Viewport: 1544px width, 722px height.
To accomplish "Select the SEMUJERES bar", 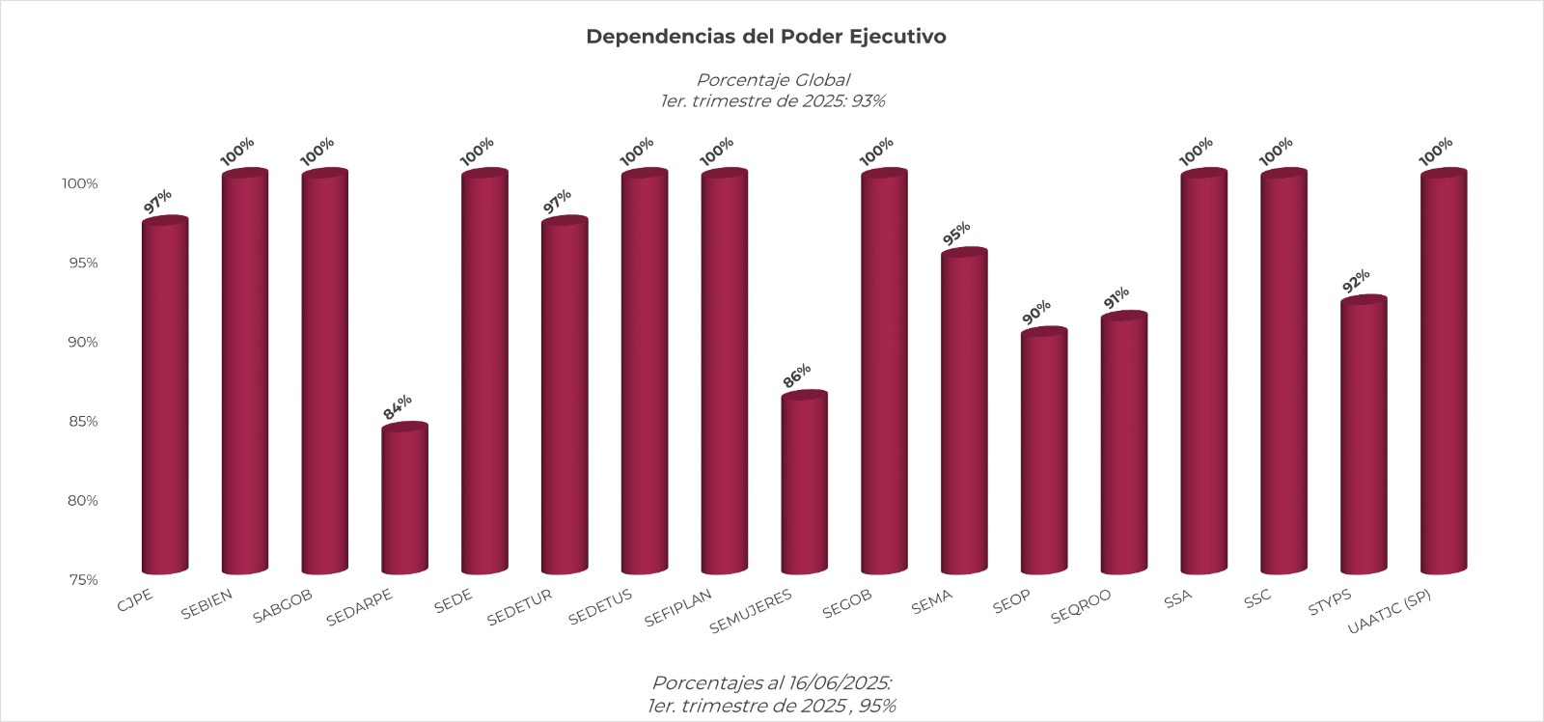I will (804, 483).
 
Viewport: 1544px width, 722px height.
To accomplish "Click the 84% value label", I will (398, 407).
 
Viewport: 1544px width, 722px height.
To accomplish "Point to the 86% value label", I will (797, 376).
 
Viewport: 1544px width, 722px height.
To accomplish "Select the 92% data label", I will (1357, 282).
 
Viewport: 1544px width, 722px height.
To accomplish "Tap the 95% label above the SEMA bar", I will (957, 234).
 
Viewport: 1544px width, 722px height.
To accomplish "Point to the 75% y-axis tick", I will (83, 579).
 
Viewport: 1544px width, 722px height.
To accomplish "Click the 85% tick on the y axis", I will (83, 421).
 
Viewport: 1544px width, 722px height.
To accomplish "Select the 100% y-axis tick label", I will (80, 183).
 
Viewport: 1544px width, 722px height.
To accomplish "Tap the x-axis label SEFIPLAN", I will (677, 607).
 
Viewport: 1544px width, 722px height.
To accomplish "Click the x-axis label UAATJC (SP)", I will (1390, 612).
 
